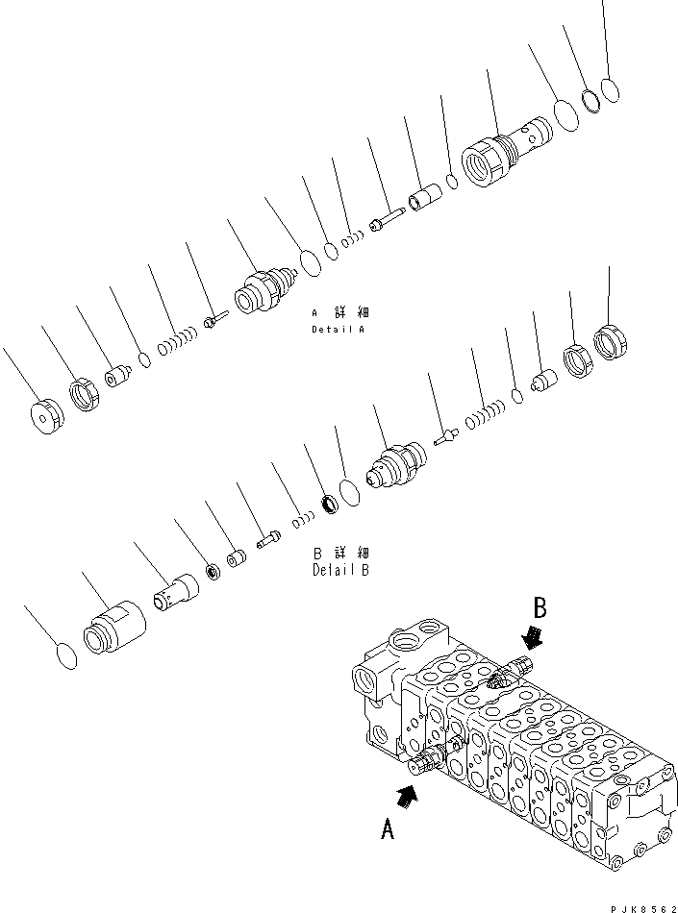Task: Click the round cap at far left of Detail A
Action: pos(45,417)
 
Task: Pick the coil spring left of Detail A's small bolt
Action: pos(179,337)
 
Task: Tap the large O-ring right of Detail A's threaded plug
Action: pos(566,114)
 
